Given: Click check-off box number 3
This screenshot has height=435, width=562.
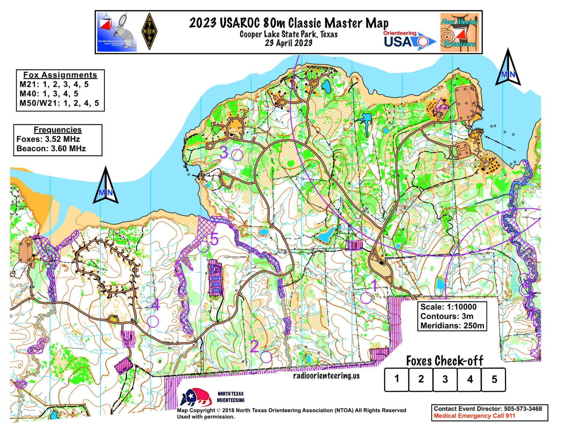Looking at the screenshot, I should [x=445, y=380].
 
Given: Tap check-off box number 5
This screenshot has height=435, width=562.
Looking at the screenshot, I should [x=494, y=380].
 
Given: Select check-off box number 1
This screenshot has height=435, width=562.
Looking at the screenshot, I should [x=397, y=380].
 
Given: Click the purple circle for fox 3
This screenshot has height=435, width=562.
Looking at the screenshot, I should [x=237, y=155].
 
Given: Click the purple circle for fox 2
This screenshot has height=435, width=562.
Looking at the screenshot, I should [x=266, y=357].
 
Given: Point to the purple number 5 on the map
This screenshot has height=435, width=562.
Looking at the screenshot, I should [x=214, y=239].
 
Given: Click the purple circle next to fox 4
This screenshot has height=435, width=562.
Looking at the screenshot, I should [x=153, y=321].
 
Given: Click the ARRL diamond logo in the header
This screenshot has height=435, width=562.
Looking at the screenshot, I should [x=149, y=32].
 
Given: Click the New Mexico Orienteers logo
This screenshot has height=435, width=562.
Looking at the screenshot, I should [x=460, y=32].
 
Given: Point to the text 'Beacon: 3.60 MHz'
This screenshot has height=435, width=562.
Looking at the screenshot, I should [x=51, y=148].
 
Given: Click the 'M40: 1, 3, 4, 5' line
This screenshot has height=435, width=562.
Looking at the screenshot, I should [x=49, y=94].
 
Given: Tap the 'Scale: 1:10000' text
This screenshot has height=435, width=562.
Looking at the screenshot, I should [x=448, y=307].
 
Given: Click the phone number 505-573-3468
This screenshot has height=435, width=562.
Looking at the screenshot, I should [x=523, y=409].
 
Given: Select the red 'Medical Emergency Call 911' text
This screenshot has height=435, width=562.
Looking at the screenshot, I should [x=474, y=416].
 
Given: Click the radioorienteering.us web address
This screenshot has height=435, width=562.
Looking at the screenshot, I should [x=326, y=376].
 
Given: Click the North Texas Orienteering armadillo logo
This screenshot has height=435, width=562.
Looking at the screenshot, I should [x=196, y=397].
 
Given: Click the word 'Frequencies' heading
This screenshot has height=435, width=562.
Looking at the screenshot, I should [x=58, y=130].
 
